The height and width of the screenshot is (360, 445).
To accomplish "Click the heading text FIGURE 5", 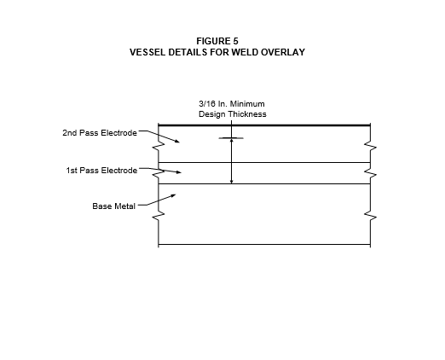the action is [x=217, y=41].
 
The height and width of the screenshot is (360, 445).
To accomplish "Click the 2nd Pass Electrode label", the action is [x=100, y=133].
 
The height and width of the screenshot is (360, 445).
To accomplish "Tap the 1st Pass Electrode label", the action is [x=101, y=171].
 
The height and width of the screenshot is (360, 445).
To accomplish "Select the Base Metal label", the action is [x=113, y=206].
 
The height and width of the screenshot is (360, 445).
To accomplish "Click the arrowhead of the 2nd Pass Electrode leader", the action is [x=177, y=141].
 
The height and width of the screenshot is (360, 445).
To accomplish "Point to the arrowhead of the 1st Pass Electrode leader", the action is [x=178, y=172].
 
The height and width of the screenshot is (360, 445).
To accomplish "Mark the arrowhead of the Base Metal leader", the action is [x=173, y=195].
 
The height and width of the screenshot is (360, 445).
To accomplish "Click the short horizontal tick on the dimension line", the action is [x=231, y=138].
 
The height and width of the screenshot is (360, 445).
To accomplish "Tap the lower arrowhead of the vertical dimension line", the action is [x=232, y=182].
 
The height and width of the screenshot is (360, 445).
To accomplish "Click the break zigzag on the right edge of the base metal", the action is [x=371, y=217].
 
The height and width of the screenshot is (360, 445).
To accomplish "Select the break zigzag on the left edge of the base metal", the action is [x=159, y=216].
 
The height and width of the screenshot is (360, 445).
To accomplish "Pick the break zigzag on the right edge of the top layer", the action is [x=371, y=147].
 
